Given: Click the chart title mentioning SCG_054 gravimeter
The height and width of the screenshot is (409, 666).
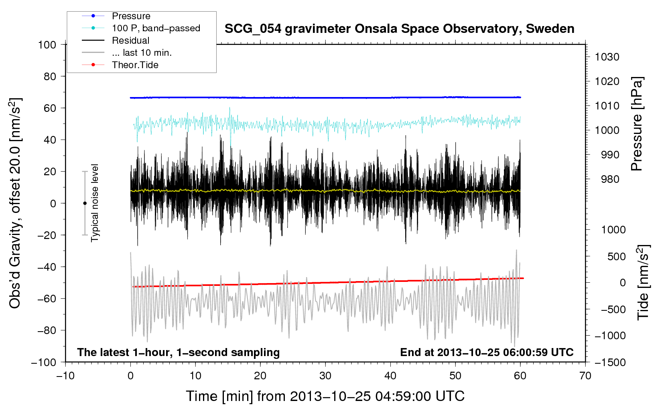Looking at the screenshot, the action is coord(399,29).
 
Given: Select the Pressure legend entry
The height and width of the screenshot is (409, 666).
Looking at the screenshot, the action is coord(116,16).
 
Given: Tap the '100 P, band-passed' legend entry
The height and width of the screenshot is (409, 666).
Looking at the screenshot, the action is coord(141,28).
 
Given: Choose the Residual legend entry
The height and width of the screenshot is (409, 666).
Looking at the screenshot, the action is coord(116,40).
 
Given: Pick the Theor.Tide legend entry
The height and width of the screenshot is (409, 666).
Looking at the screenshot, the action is coord(120,65).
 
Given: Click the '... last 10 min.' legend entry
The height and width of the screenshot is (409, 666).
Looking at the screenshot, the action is coord(127,53).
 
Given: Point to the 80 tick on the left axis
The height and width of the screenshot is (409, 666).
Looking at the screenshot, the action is coord(50,77).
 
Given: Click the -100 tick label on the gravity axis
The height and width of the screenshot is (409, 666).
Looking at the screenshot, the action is coord(44,362).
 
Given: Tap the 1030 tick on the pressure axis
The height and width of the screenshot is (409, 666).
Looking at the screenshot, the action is coord(607,57).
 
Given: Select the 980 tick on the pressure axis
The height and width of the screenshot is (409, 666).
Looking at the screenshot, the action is coord(610,179).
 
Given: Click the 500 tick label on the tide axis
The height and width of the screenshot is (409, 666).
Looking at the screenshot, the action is coord(616,256).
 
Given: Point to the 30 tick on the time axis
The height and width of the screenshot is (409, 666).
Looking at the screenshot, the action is coord(325,376).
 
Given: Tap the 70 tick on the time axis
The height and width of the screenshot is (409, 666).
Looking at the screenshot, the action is coord(585,376).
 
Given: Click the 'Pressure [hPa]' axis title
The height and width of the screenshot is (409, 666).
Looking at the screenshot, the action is coord(637,124).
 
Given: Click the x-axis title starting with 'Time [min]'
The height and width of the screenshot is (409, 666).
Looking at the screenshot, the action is coord(325,397).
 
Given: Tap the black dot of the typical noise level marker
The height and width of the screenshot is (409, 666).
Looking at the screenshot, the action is coord(85,203).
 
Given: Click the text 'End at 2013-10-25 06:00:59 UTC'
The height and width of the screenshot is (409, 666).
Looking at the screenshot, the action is coord(487,352).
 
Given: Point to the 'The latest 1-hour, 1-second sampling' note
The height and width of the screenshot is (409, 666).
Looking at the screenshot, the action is coord(179,352).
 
